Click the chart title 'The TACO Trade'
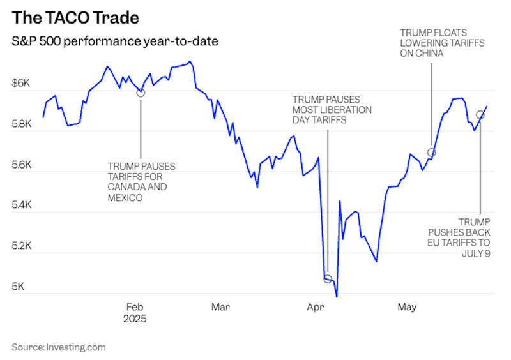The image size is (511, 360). [x=75, y=16]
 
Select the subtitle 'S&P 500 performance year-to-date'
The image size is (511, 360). [x=114, y=42]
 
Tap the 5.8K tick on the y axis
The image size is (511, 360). [x=24, y=125]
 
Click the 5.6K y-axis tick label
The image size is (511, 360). [x=24, y=165]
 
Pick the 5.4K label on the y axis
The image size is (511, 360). [x=24, y=206]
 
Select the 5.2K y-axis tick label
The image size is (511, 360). [x=24, y=246]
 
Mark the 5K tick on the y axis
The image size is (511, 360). [x=20, y=287]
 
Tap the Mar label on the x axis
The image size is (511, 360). [x=220, y=308]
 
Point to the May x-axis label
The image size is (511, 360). [x=407, y=308]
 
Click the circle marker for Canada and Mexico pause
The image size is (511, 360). [x=141, y=93]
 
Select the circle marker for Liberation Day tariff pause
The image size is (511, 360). [x=328, y=279]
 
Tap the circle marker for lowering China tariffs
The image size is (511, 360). [x=431, y=153]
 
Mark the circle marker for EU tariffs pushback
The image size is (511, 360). [x=480, y=115]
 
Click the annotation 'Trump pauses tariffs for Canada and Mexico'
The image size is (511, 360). [x=141, y=182]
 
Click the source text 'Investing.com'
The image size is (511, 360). [x=75, y=347]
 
